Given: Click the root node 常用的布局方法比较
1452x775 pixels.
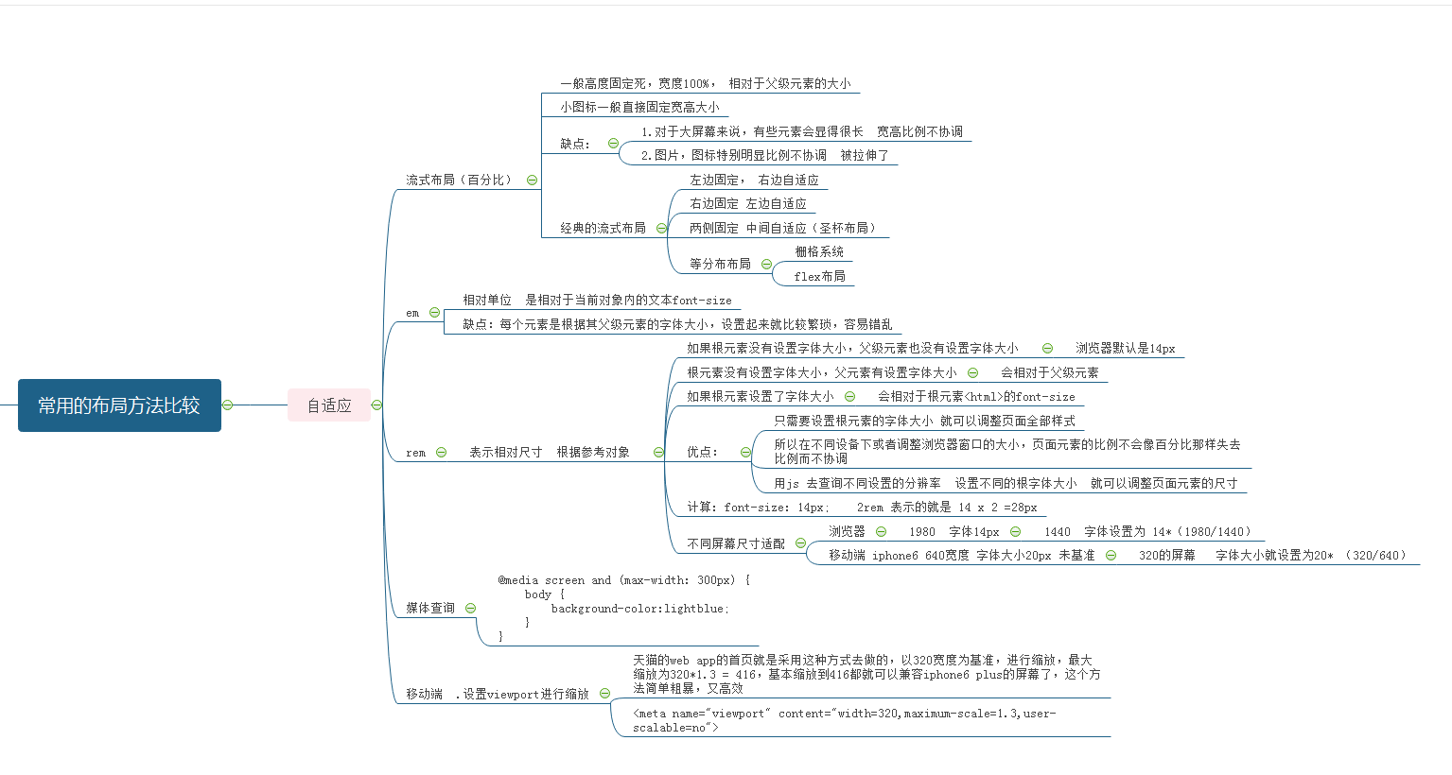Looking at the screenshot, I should tap(119, 405).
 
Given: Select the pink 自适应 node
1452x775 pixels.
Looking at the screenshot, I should tap(329, 405).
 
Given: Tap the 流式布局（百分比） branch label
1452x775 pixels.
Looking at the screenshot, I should tap(459, 180).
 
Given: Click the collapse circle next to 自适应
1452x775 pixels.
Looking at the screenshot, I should tap(376, 405).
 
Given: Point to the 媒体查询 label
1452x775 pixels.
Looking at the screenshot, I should tap(430, 608).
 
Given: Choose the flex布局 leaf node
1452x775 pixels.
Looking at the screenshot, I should tap(819, 276).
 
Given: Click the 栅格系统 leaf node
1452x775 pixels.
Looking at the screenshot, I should tap(819, 251).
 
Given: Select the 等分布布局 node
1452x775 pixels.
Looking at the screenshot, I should tap(720, 264).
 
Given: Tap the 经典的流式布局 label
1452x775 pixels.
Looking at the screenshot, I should tap(603, 228).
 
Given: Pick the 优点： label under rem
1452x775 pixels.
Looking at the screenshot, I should tap(702, 452).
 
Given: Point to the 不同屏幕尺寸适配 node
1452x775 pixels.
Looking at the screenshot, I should tap(736, 543).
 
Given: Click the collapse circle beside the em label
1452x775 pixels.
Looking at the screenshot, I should tap(434, 313).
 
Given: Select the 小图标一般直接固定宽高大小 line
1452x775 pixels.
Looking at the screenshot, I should tap(639, 107).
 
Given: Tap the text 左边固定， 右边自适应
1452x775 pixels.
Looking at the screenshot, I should tap(754, 180).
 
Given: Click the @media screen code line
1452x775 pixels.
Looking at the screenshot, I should tap(623, 580).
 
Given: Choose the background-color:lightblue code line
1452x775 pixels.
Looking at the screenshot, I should tap(640, 609).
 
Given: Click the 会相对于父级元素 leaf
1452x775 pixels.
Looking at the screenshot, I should tap(1050, 372).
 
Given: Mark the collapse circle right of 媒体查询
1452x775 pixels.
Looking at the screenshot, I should tap(470, 609).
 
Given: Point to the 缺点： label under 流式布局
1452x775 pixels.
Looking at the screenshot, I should tap(574, 144).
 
